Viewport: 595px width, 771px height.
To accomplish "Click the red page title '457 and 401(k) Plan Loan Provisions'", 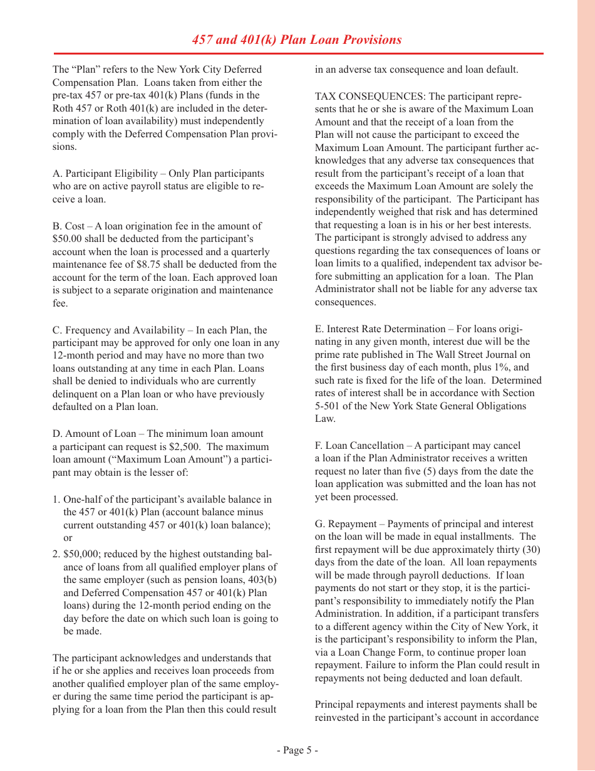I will click(297, 40).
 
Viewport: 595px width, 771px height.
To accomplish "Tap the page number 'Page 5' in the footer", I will click(297, 750).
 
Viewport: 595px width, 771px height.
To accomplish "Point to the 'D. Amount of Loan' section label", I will click(98, 434).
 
